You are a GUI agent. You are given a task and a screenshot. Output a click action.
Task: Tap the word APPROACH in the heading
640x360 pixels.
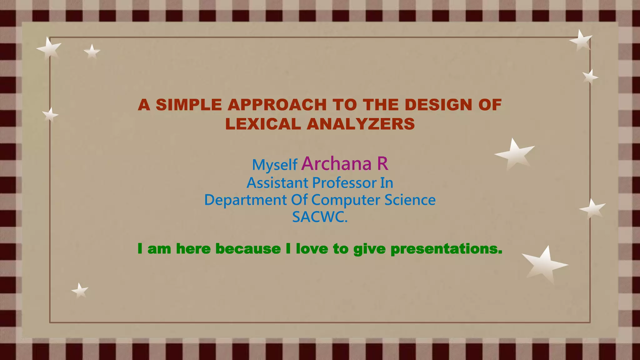click(x=277, y=105)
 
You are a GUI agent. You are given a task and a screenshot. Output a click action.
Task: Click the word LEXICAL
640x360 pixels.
click(x=263, y=124)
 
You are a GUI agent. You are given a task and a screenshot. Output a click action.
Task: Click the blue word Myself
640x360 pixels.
click(x=274, y=165)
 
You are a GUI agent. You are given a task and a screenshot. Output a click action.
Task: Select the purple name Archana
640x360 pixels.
click(x=336, y=163)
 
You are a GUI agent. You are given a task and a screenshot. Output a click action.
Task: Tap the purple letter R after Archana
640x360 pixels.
click(x=382, y=163)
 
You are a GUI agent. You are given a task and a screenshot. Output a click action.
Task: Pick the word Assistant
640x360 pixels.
click(x=277, y=183)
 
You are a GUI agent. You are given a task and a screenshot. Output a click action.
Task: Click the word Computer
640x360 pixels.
click(x=346, y=200)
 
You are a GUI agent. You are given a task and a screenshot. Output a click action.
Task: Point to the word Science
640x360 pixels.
click(x=410, y=200)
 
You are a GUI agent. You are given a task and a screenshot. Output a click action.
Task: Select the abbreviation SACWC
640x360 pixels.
click(x=319, y=217)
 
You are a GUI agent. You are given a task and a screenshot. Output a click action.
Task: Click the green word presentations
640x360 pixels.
click(x=446, y=249)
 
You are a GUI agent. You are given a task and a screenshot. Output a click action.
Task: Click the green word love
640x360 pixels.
click(x=312, y=249)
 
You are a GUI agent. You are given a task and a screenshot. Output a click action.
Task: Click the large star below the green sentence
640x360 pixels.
click(x=544, y=264)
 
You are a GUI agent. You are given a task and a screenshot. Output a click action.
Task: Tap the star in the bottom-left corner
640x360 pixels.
click(x=80, y=291)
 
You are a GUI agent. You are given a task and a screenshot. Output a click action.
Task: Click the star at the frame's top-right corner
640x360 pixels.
click(x=581, y=40)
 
